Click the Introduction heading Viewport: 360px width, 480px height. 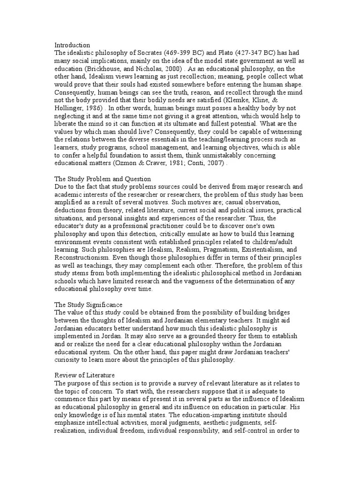(72, 45)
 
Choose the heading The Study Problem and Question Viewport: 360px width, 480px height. (103, 179)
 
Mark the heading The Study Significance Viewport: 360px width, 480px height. (89, 305)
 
